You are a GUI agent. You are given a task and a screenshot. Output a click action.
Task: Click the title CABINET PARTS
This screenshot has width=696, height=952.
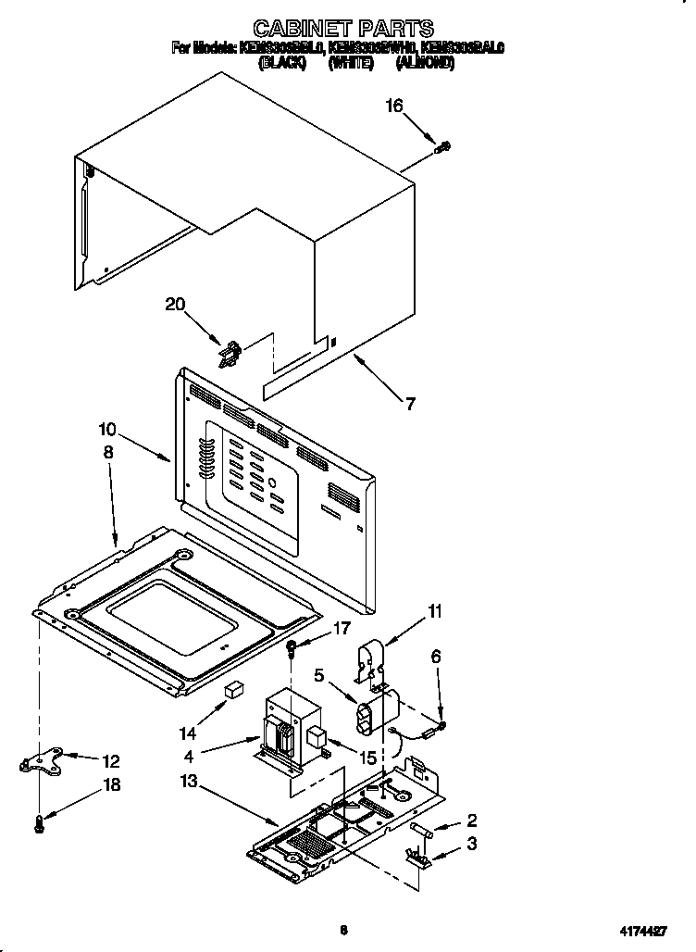pos(343,28)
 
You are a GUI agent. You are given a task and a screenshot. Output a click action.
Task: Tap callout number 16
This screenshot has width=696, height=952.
pos(394,106)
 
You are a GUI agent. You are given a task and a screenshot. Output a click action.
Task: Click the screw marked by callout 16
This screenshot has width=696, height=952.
pos(443,145)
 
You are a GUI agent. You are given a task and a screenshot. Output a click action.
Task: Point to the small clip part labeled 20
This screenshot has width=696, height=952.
pos(230,352)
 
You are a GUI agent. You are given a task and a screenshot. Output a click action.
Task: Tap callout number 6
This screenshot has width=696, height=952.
pos(436,657)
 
